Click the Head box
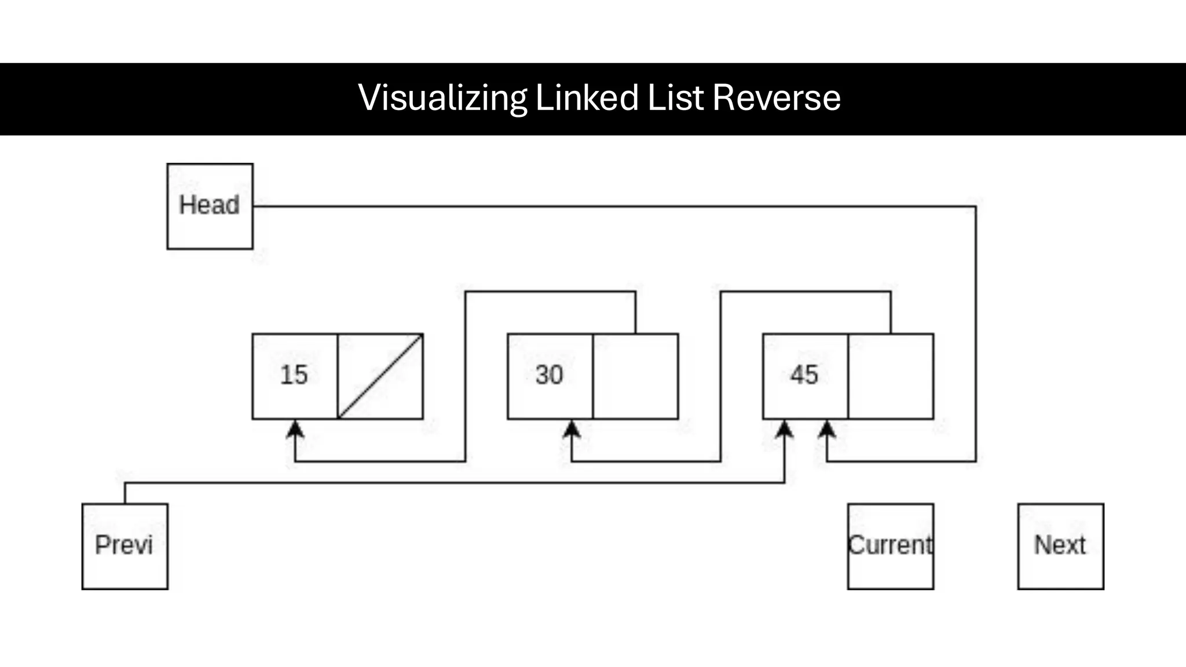point(210,206)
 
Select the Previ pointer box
point(125,546)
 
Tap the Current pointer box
point(890,546)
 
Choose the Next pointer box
point(1060,546)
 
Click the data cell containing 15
point(295,376)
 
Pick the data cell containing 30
point(550,376)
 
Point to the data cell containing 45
point(805,376)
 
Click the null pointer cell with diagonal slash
point(400,400)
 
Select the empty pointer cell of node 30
point(635,376)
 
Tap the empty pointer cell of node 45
point(891,376)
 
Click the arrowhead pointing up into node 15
point(295,429)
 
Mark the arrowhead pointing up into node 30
point(572,429)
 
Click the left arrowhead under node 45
point(784,429)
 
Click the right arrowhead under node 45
point(827,429)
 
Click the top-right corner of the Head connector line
point(976,206)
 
